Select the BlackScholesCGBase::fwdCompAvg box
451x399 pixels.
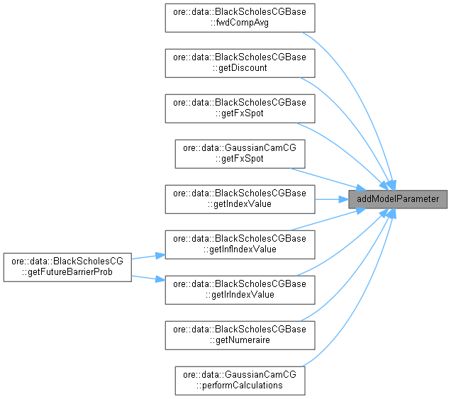(x=240, y=17)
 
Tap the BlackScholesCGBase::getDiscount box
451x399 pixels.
(x=240, y=62)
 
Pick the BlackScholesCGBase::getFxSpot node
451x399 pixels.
(x=240, y=108)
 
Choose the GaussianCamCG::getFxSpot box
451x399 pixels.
(x=240, y=153)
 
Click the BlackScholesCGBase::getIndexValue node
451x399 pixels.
(x=240, y=198)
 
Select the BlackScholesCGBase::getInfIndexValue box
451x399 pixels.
(x=240, y=244)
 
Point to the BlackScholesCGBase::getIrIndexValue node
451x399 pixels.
(x=240, y=289)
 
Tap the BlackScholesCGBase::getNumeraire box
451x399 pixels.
(x=240, y=335)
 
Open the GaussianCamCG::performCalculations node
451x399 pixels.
(x=240, y=380)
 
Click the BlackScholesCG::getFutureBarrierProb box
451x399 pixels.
(x=67, y=266)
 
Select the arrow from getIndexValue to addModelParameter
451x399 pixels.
(x=330, y=198)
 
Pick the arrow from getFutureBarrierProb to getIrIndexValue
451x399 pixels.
(x=147, y=277)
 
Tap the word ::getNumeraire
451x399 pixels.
(x=240, y=339)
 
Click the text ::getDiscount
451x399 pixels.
(x=240, y=67)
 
